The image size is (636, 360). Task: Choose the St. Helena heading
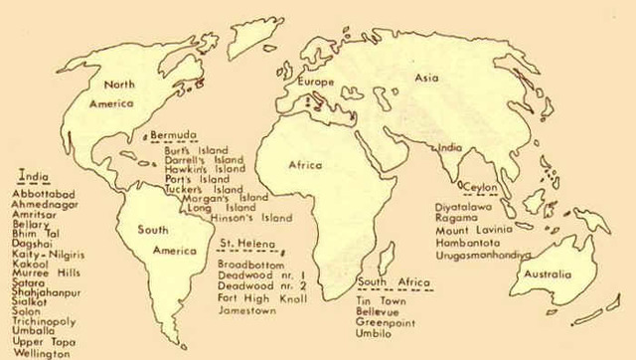[x=240, y=245]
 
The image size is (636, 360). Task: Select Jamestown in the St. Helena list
[x=247, y=311]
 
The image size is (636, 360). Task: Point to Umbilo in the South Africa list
[x=374, y=332]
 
